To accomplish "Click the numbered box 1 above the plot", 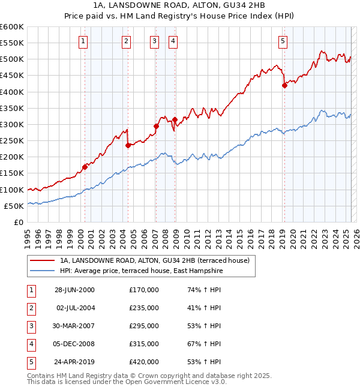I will coord(82,41).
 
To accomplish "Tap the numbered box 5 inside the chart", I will coord(283,41).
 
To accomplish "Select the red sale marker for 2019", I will coord(284,85).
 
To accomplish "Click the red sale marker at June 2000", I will coord(85,167).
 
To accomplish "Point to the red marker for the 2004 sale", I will coord(128,145).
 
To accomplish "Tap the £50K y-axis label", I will coord(14,206).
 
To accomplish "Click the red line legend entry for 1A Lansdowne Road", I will coord(158,260).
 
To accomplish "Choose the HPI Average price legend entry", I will coord(141,271).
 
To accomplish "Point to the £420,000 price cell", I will coord(144,361).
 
